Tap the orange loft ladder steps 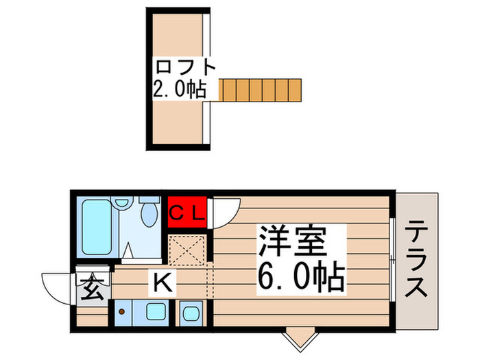coord(261,90)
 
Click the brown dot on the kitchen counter coord(122,312)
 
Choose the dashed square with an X coord(187,250)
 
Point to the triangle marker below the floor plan coord(299,337)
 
